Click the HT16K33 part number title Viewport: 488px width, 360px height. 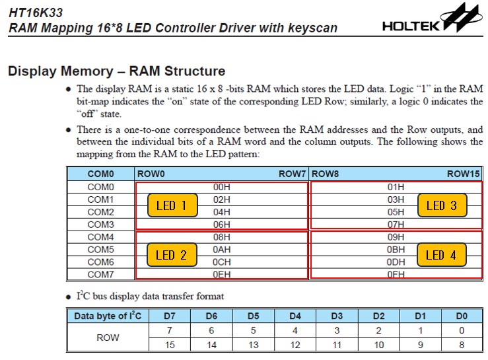(35, 12)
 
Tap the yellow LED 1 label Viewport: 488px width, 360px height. (172, 205)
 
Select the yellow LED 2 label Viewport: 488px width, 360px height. (172, 255)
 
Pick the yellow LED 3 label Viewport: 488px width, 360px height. (441, 205)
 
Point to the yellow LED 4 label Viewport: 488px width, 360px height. (441, 255)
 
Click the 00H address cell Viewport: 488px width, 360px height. (221, 187)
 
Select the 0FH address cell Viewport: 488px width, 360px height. (396, 274)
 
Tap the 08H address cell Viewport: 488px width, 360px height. (221, 236)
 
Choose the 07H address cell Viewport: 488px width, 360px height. (396, 225)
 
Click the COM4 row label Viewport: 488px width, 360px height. (100, 236)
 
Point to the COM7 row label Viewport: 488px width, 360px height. (100, 274)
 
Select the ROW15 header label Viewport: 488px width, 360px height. (463, 174)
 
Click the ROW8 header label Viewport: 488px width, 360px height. (325, 174)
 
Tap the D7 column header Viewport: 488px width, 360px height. (170, 316)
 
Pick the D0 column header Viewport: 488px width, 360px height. (462, 316)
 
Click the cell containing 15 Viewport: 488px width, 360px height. (170, 344)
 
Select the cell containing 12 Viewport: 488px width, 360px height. (295, 344)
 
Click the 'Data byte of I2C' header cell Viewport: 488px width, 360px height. (108, 316)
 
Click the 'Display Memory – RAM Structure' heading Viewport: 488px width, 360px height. (116, 71)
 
